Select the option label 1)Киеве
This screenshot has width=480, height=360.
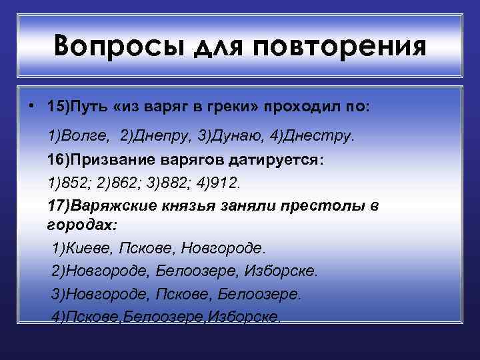pyautogui.click(x=82, y=248)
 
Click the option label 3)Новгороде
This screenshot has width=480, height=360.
pyautogui.click(x=101, y=293)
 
